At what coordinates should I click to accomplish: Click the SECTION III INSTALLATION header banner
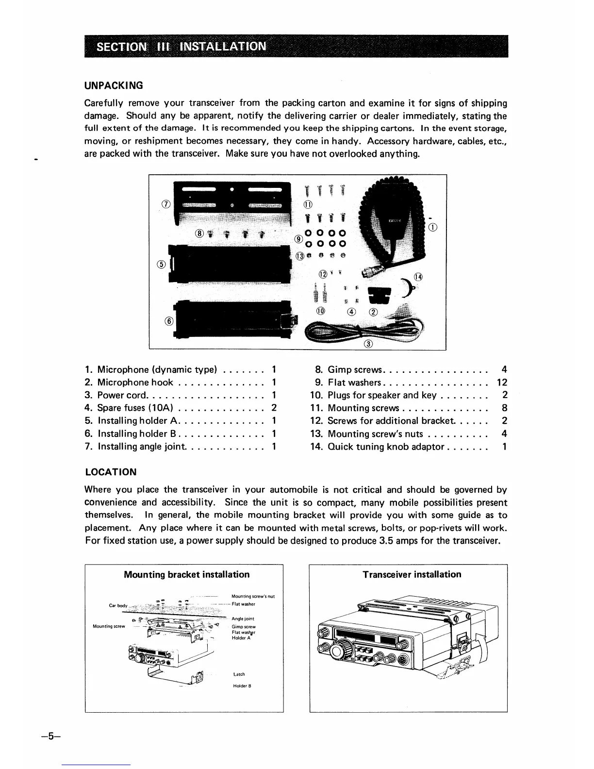click(296, 46)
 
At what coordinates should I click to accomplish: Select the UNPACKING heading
click(114, 85)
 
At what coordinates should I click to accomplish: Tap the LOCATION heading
click(111, 472)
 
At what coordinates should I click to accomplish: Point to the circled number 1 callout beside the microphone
click(433, 227)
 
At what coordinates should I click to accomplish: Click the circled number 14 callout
click(418, 277)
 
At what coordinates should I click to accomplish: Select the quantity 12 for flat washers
click(502, 383)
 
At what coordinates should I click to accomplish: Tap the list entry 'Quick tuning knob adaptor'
click(386, 447)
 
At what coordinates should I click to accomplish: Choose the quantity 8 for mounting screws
click(505, 408)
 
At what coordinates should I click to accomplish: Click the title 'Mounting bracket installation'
click(187, 574)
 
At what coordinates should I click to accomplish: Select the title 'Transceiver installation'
click(412, 574)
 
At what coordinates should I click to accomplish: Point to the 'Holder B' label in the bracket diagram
click(241, 686)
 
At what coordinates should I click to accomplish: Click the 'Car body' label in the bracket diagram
click(118, 606)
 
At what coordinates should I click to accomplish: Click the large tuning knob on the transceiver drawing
click(344, 649)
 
